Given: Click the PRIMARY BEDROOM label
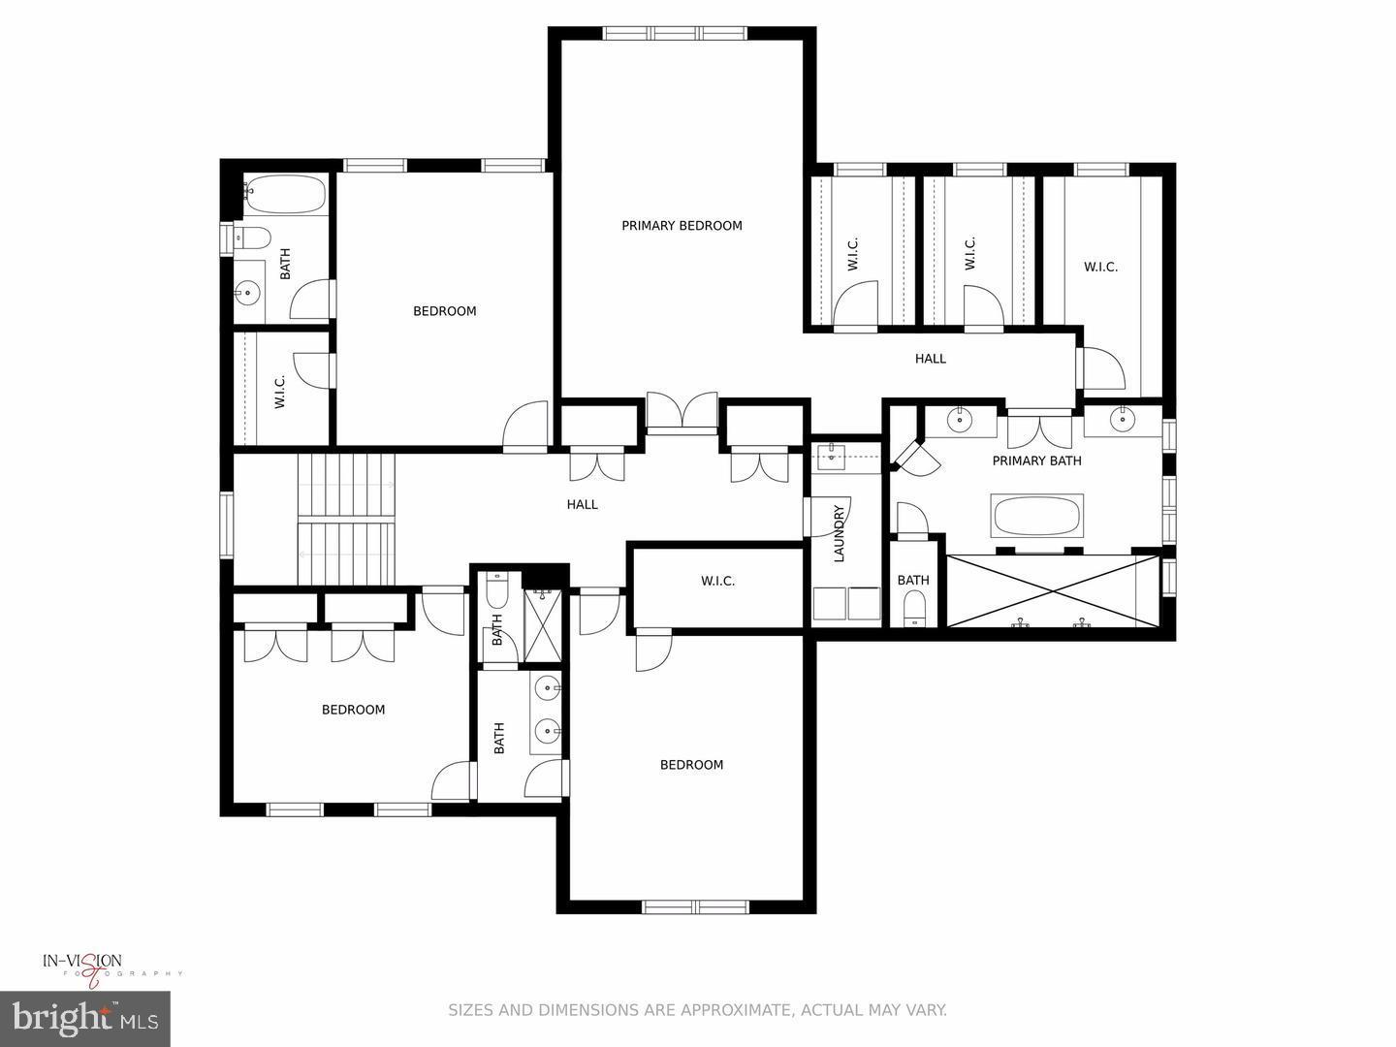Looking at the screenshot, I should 682,226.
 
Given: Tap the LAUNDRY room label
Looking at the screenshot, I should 840,533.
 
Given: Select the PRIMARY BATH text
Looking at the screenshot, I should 1036,460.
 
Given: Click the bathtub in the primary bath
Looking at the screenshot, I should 1036,516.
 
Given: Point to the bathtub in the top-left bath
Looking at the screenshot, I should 285,194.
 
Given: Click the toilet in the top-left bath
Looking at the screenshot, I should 255,237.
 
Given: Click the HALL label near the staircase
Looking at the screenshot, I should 582,504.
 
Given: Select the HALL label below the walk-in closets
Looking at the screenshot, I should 930,359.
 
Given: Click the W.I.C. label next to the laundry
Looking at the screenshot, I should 717,581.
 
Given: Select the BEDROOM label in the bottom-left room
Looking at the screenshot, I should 353,710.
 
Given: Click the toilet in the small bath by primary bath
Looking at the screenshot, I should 914,609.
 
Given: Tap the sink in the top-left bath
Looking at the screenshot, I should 249,291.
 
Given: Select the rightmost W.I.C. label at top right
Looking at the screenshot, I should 1100,267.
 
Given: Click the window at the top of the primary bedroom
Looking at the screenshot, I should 677,33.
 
